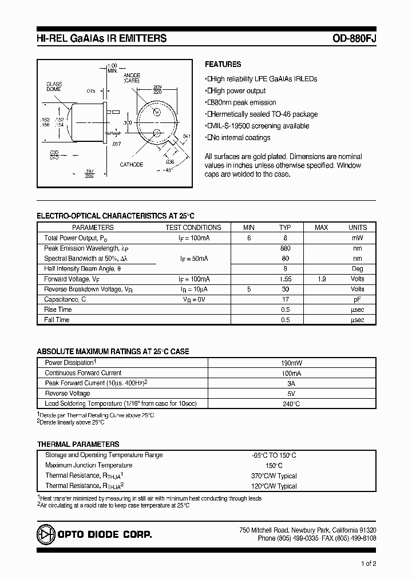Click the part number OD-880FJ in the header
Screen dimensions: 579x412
(x=354, y=39)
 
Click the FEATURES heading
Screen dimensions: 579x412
(x=223, y=65)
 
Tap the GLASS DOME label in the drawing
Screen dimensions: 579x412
(x=54, y=87)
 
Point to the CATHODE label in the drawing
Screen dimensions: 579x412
(x=131, y=165)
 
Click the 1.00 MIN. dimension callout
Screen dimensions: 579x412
(x=112, y=68)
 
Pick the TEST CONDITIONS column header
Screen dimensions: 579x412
(x=193, y=227)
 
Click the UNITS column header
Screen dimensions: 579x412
(x=358, y=227)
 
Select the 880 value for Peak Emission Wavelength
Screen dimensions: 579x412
(x=285, y=248)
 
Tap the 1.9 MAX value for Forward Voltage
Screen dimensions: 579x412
(x=322, y=279)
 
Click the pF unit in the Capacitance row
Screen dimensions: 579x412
(x=358, y=299)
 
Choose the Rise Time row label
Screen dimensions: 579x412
(x=58, y=310)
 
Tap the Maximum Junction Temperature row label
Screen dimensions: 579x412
(x=88, y=466)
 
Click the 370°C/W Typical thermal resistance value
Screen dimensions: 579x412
(x=274, y=476)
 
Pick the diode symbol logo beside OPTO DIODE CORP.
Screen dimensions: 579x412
(x=45, y=534)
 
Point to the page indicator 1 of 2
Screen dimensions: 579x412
(x=369, y=564)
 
